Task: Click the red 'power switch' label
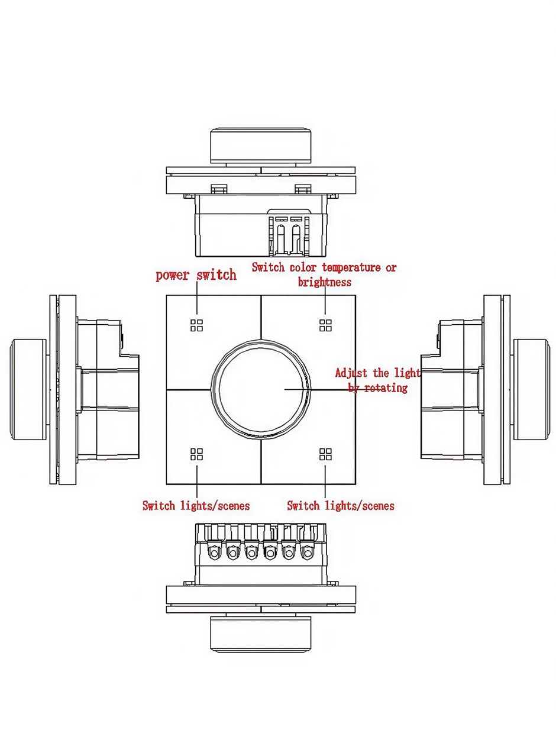click(196, 275)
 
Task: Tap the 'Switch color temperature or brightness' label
click(324, 274)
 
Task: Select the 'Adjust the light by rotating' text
click(377, 380)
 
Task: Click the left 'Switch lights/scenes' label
click(196, 506)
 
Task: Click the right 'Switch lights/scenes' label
click(341, 506)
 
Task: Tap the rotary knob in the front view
click(261, 389)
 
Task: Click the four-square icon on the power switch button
click(196, 325)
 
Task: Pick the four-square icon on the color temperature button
click(325, 325)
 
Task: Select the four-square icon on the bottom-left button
click(196, 454)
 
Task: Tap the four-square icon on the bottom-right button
click(325, 454)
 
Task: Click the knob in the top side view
click(261, 146)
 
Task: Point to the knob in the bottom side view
click(261, 633)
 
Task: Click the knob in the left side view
click(28, 389)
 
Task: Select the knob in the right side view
click(531, 389)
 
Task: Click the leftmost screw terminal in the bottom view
click(214, 553)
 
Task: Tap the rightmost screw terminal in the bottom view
click(306, 553)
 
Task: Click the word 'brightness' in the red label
click(324, 282)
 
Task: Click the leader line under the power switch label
click(196, 299)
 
